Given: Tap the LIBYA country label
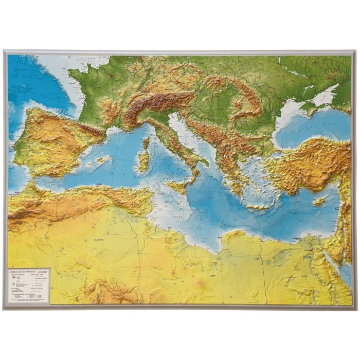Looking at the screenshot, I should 212,275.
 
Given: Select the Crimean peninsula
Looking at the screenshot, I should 312,105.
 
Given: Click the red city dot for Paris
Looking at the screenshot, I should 110,76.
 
